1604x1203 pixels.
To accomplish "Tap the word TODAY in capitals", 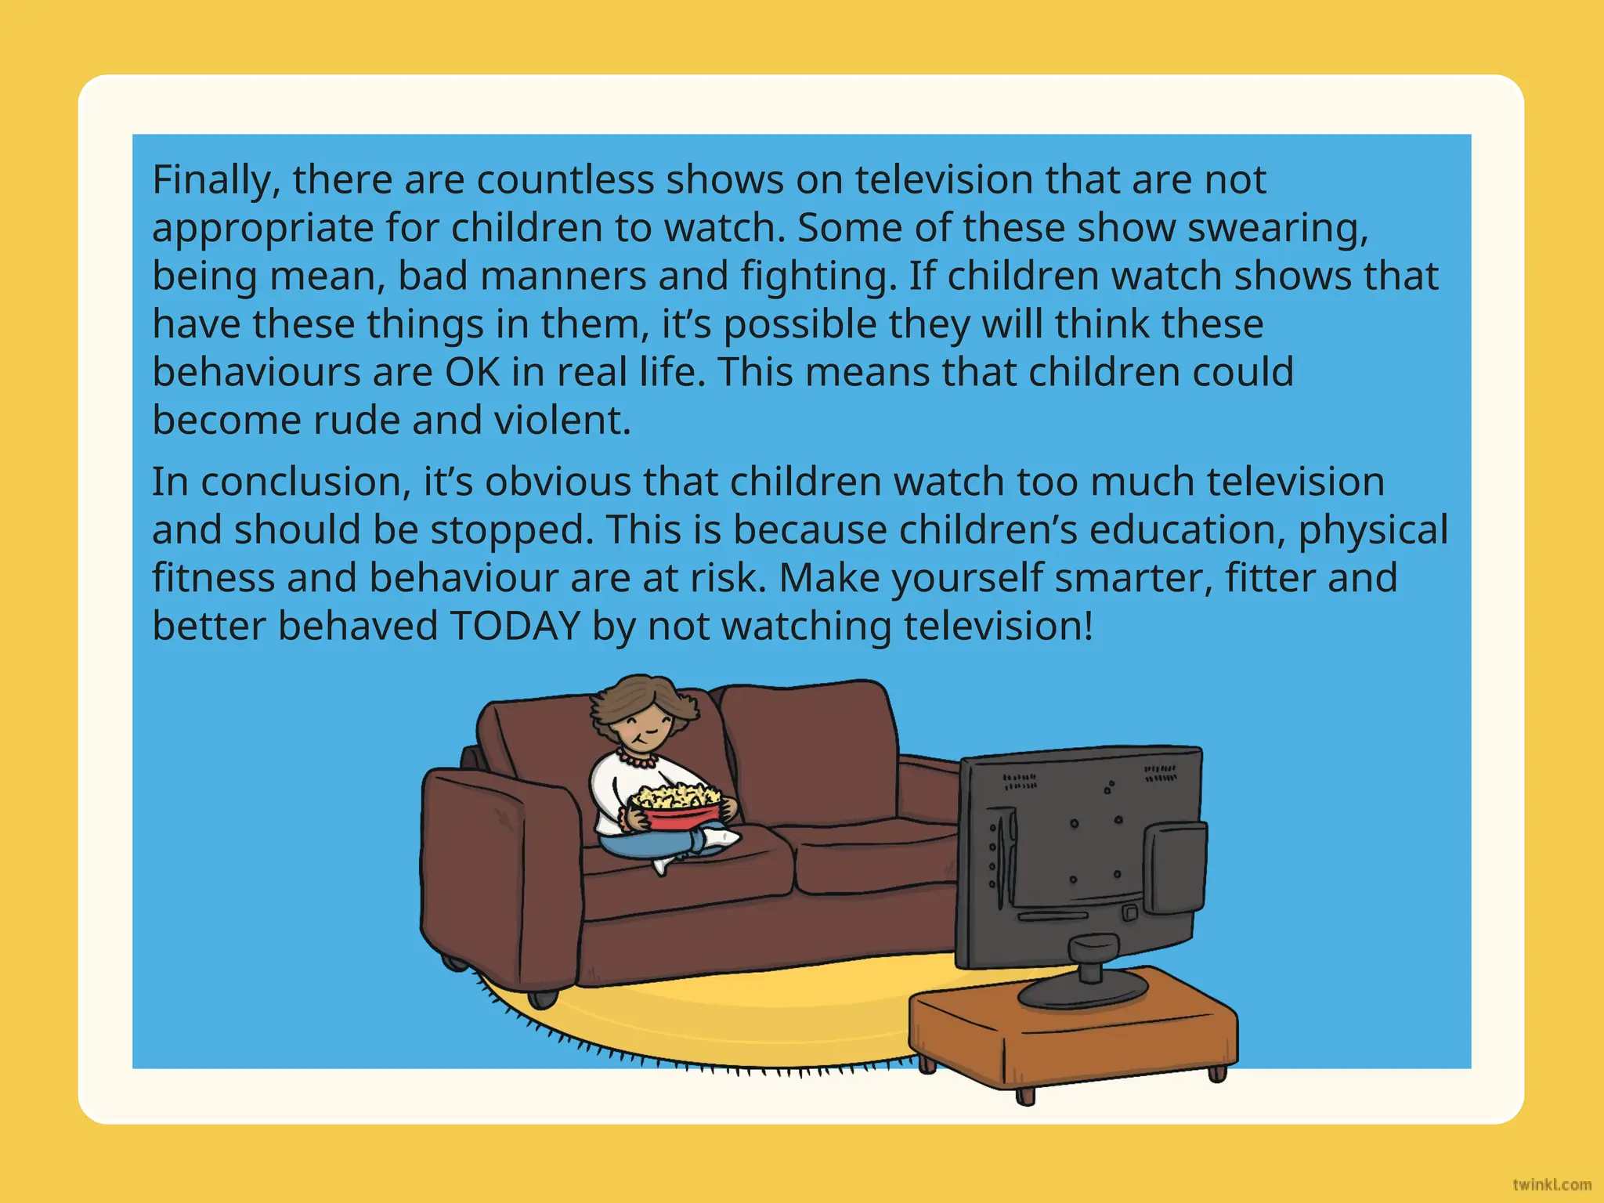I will click(514, 627).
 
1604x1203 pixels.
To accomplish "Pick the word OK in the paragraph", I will click(472, 373).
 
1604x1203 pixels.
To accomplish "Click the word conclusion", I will click(305, 482).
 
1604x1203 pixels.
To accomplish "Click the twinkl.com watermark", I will click(1552, 1184).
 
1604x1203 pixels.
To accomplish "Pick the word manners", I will click(563, 277).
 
